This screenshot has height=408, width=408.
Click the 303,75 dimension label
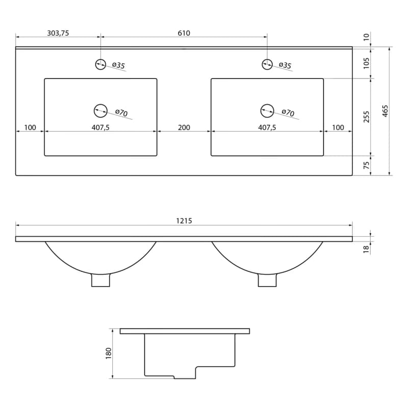pos(58,33)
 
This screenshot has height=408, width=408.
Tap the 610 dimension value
pos(184,33)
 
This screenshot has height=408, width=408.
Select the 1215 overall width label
pos(184,221)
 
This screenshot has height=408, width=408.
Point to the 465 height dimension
pos(386,111)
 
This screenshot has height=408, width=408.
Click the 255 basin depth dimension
pos(366,117)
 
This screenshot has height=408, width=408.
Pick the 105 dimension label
pos(366,63)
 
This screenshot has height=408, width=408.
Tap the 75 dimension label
pos(366,165)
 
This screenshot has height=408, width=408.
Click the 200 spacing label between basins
pos(184,127)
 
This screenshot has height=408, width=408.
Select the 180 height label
pos(108,353)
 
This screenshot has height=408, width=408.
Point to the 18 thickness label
pos(366,249)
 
